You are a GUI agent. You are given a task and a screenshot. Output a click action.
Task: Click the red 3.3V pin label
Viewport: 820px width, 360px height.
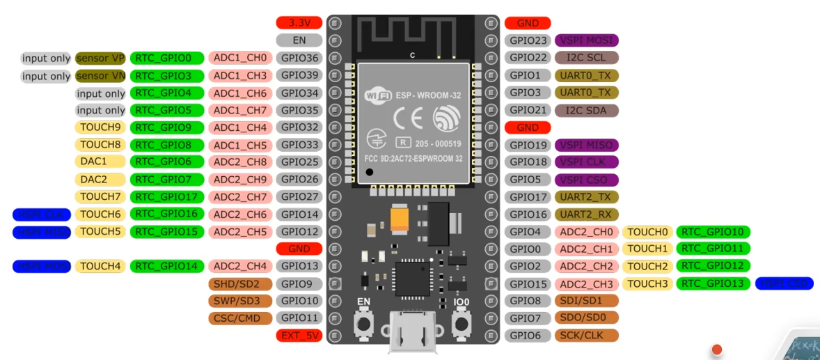point(299,23)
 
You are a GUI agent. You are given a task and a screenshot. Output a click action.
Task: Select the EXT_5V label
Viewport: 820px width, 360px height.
point(299,336)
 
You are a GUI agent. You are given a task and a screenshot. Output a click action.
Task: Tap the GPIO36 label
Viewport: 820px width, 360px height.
point(299,58)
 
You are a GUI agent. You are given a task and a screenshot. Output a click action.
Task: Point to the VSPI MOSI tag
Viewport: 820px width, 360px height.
point(586,40)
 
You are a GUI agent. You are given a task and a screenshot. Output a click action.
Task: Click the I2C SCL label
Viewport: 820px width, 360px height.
point(586,58)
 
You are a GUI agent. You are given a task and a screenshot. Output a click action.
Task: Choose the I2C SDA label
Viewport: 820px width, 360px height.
point(586,110)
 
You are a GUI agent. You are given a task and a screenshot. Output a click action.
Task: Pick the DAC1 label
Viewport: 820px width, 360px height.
point(100,162)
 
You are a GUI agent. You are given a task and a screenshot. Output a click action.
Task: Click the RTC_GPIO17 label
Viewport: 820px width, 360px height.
point(168,197)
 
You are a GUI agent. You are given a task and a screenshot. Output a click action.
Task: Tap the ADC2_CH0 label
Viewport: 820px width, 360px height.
point(586,232)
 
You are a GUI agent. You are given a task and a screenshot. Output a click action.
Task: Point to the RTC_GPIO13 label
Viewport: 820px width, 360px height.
point(713,283)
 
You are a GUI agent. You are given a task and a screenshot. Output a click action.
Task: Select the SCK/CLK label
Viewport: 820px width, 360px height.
point(586,336)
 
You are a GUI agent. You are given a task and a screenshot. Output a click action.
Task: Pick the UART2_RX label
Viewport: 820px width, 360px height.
point(586,214)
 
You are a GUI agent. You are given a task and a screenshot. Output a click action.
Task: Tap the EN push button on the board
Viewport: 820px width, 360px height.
point(363,323)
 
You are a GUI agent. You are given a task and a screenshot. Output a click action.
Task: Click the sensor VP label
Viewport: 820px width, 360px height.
point(100,58)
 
